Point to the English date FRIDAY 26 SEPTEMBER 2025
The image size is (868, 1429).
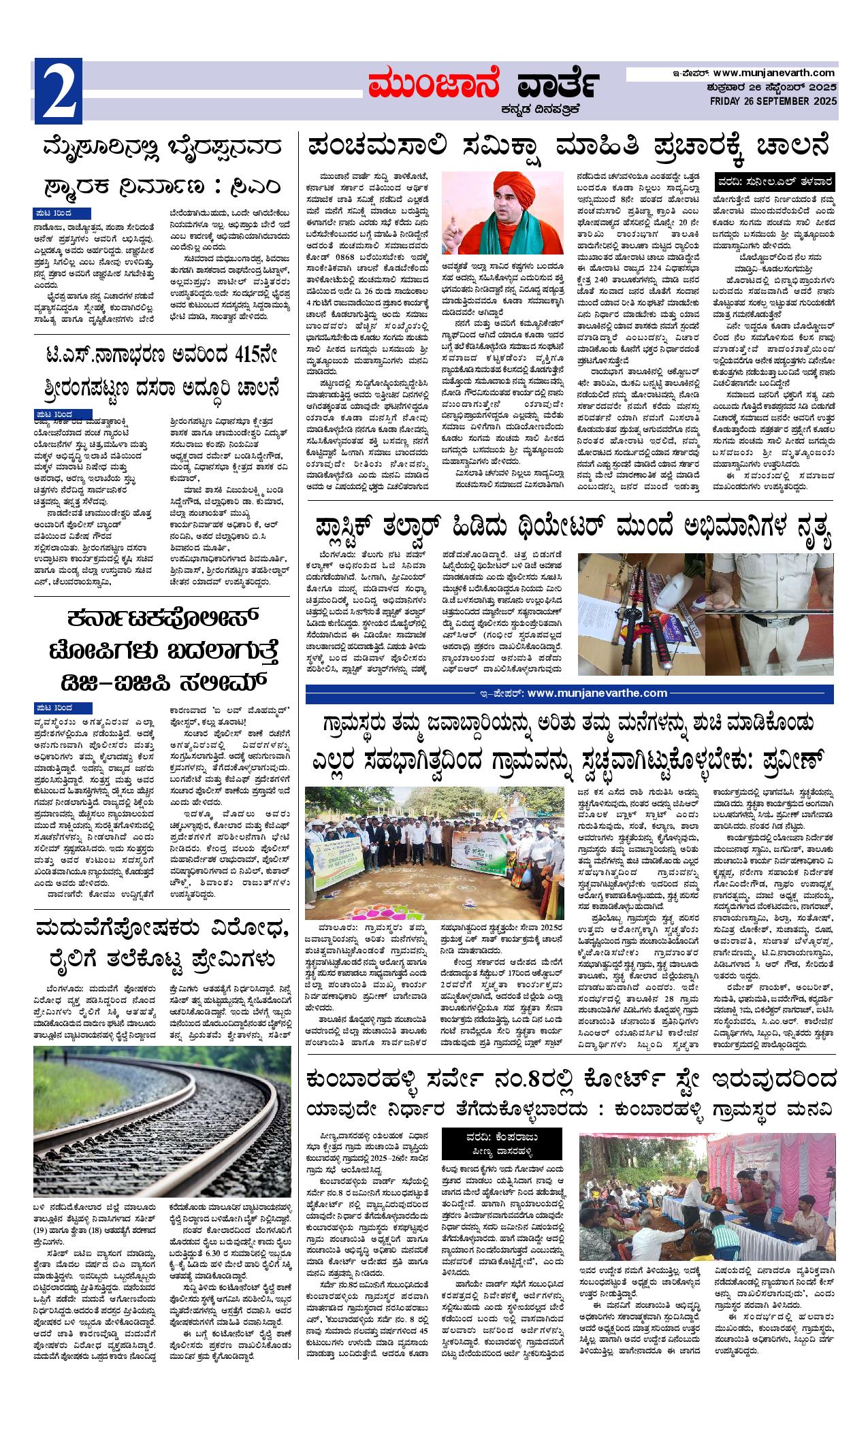[x=773, y=101]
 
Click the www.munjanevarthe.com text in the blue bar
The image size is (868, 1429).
[x=596, y=693]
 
